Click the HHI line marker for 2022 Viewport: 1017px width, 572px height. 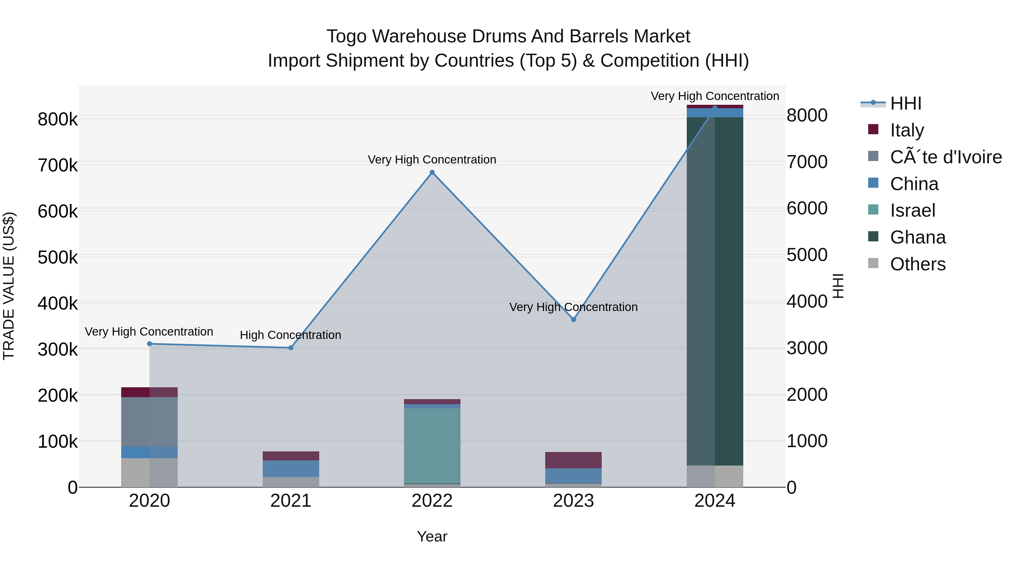432,173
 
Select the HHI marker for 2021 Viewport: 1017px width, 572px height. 291,348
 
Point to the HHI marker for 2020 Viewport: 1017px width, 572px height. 149,344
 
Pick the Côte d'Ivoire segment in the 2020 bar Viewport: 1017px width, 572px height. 149,422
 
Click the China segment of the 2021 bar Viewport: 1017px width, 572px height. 291,469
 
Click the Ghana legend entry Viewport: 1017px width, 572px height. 918,237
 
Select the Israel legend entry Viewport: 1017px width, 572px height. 912,210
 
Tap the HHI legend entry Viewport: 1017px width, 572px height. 906,103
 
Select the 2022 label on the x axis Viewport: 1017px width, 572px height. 432,501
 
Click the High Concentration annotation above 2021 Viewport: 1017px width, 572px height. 291,335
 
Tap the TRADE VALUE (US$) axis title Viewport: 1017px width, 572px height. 9,286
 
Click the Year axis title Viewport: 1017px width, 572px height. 432,536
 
